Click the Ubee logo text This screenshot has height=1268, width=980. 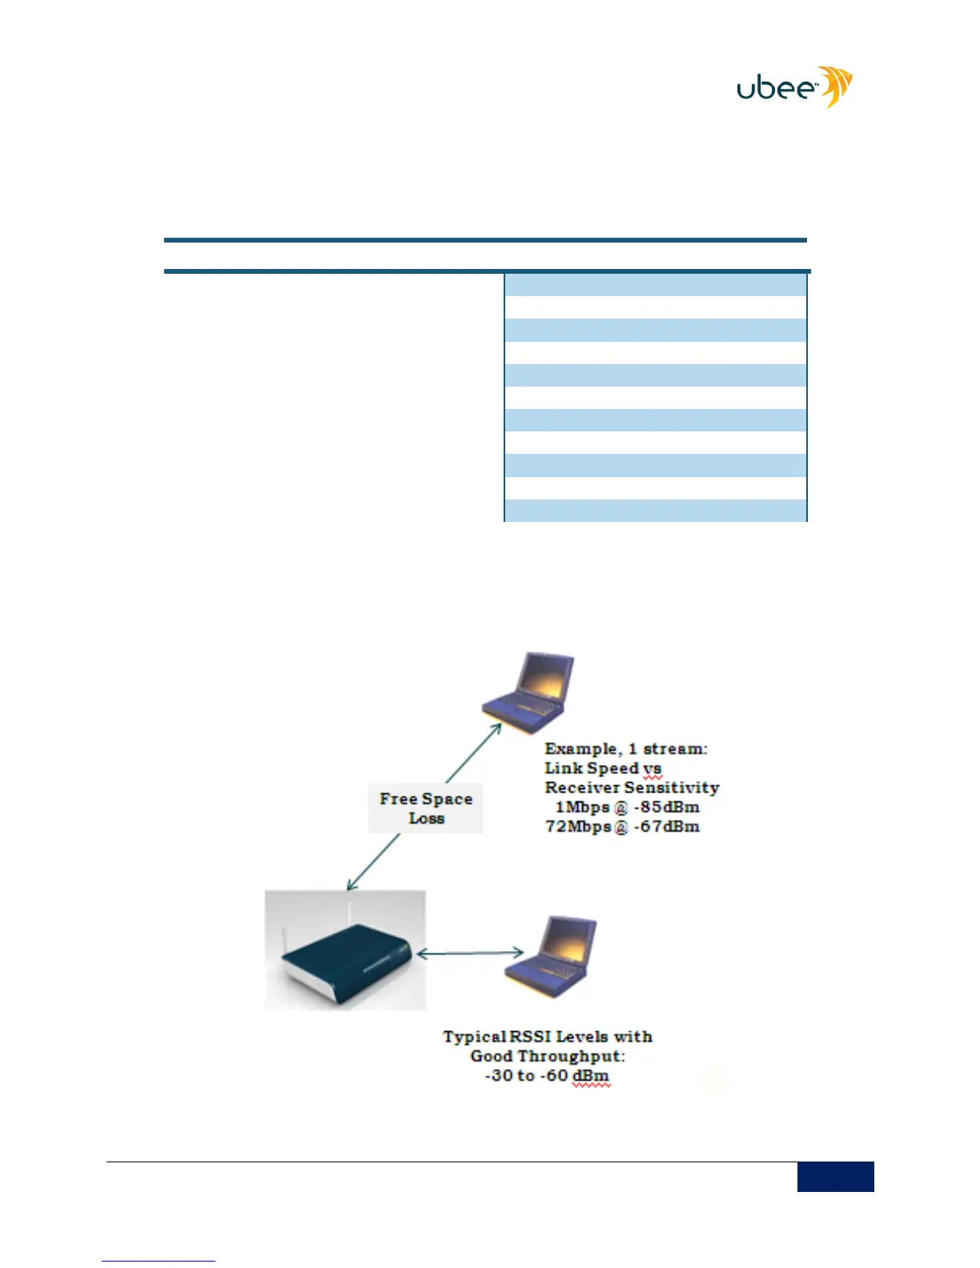pos(775,88)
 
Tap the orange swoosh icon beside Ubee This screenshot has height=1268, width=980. pos(836,86)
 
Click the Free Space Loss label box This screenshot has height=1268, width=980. pos(426,809)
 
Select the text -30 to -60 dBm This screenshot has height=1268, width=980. pos(547,1076)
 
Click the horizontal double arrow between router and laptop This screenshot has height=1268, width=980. pos(471,953)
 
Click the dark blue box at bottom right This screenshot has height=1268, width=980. pos(835,1176)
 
